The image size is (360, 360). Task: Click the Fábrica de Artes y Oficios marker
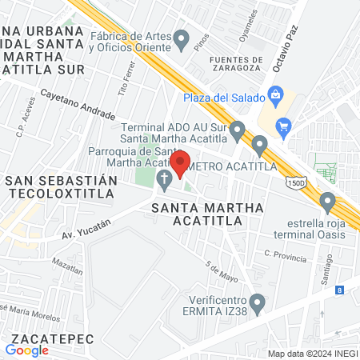[x=182, y=38]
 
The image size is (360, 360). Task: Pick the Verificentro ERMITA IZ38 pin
[x=257, y=302]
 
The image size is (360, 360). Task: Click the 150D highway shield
[x=296, y=184]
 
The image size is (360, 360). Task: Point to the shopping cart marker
[x=282, y=126]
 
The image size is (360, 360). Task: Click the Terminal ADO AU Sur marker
[x=238, y=129]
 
